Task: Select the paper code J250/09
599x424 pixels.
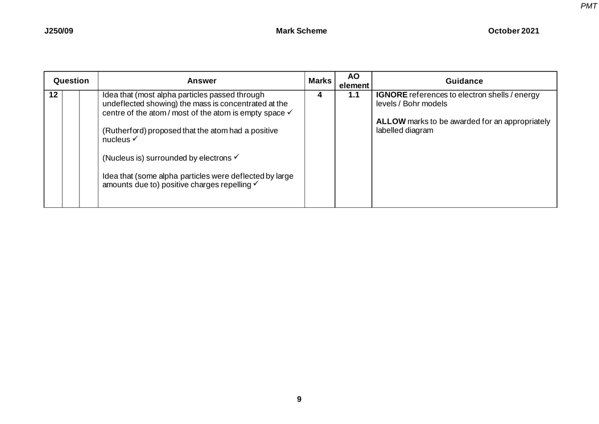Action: pos(55,31)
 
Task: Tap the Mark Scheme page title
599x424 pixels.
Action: pos(301,31)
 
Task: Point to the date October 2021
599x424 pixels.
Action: pos(513,31)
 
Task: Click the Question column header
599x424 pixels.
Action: pos(71,80)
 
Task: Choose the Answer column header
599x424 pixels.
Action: pos(202,81)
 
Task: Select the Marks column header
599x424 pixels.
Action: pos(320,81)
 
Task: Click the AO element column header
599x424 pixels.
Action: pos(353,81)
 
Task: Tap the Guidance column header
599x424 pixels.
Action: pos(464,81)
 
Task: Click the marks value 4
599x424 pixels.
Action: pos(319,94)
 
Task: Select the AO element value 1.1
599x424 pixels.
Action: pos(353,94)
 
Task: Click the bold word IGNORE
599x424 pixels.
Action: pos(391,95)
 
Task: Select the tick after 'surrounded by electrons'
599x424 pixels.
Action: pos(237,157)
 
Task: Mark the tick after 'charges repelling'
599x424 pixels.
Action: pos(255,184)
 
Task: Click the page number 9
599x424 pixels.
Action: pos(299,399)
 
